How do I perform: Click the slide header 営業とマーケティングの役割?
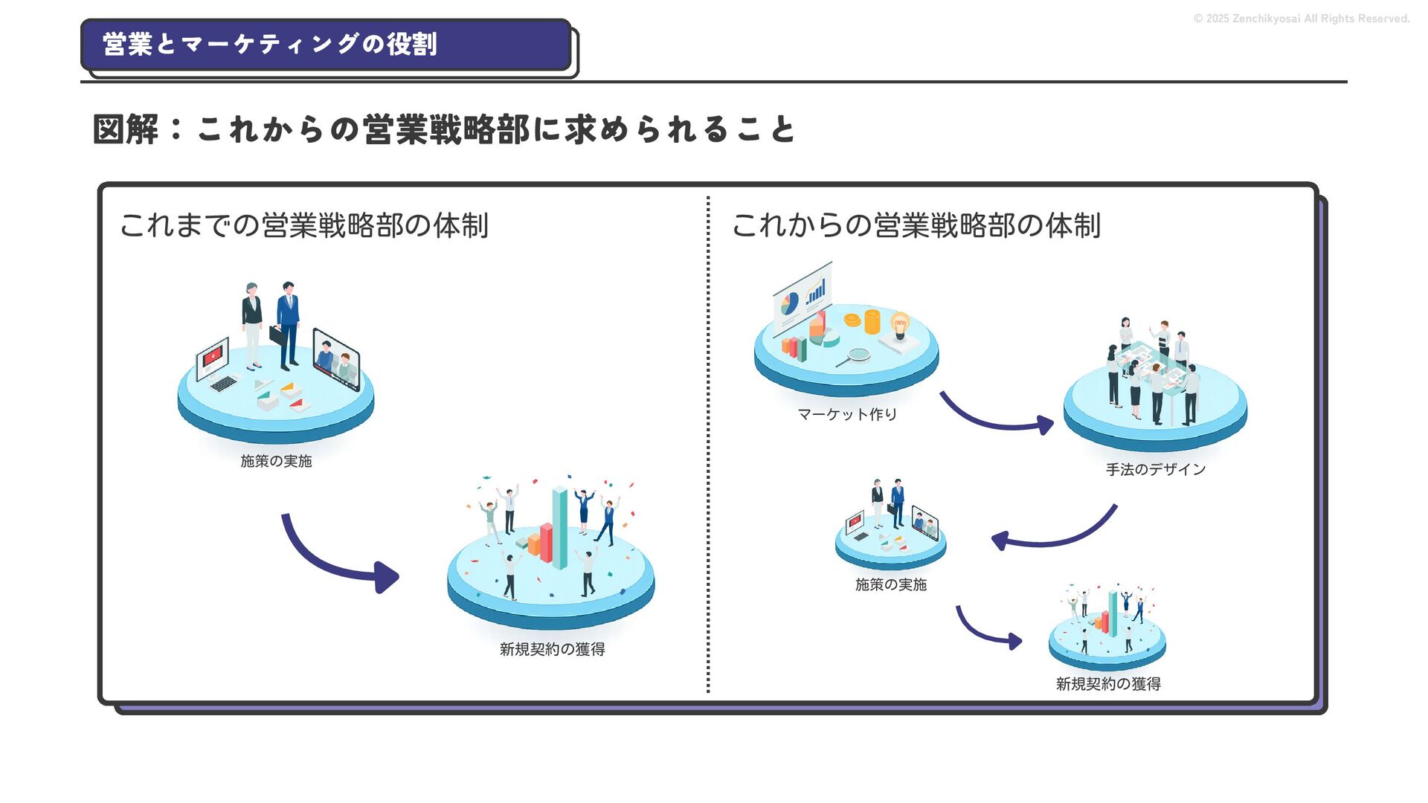pyautogui.click(x=270, y=45)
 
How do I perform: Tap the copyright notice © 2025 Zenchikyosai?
pyautogui.click(x=1301, y=19)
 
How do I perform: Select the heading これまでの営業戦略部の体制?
pyautogui.click(x=303, y=225)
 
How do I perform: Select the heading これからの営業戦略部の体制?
pyautogui.click(x=916, y=225)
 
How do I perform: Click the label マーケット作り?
pyautogui.click(x=847, y=414)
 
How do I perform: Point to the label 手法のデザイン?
pyautogui.click(x=1155, y=469)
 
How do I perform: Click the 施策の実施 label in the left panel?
pyautogui.click(x=276, y=461)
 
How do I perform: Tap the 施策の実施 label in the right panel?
pyautogui.click(x=890, y=584)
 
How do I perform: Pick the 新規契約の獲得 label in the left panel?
pyautogui.click(x=552, y=649)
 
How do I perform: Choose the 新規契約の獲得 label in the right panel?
pyautogui.click(x=1107, y=684)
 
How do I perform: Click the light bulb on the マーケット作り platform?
pyautogui.click(x=900, y=325)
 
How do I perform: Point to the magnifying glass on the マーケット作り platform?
pyautogui.click(x=855, y=355)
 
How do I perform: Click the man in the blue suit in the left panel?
pyautogui.click(x=288, y=323)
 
